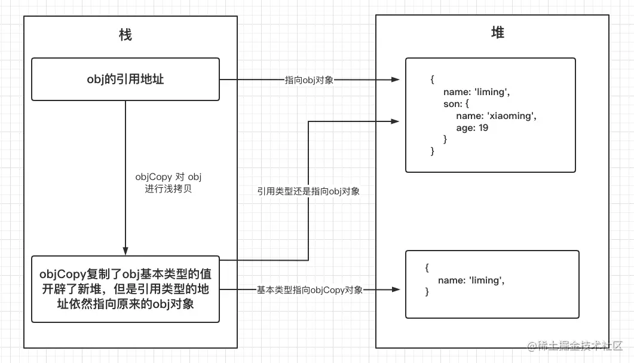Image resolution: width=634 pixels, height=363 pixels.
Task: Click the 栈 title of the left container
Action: point(125,35)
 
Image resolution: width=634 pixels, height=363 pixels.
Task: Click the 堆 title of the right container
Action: point(497,33)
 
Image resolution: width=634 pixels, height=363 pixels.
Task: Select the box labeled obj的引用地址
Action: point(125,79)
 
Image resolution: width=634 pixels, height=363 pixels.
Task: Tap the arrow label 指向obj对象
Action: point(309,80)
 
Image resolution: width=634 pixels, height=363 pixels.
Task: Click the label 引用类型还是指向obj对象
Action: point(308,191)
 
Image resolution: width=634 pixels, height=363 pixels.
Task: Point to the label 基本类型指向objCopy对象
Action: point(310,289)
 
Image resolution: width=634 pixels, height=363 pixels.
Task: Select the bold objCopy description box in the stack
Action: point(125,289)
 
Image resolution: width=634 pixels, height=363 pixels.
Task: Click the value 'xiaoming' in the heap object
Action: point(512,116)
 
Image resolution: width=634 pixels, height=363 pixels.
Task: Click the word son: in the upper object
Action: point(458,104)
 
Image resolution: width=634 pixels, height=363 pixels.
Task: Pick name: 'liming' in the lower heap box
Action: point(471,280)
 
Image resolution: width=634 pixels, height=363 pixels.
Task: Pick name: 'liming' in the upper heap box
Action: point(476,92)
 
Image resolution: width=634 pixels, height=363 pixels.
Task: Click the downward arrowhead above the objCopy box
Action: point(125,251)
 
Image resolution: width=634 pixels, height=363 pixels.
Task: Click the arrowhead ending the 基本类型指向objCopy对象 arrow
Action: point(396,289)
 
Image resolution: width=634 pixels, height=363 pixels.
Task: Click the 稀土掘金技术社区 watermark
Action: point(574,346)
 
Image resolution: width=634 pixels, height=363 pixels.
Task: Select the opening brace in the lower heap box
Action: point(427,269)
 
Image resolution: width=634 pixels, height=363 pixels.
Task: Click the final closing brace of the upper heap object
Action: point(433,151)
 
